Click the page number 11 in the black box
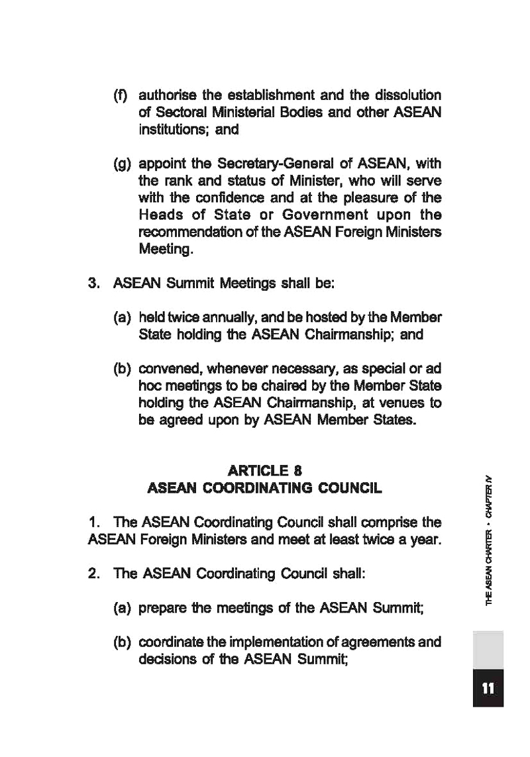click(488, 688)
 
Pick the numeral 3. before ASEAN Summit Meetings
click(94, 284)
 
